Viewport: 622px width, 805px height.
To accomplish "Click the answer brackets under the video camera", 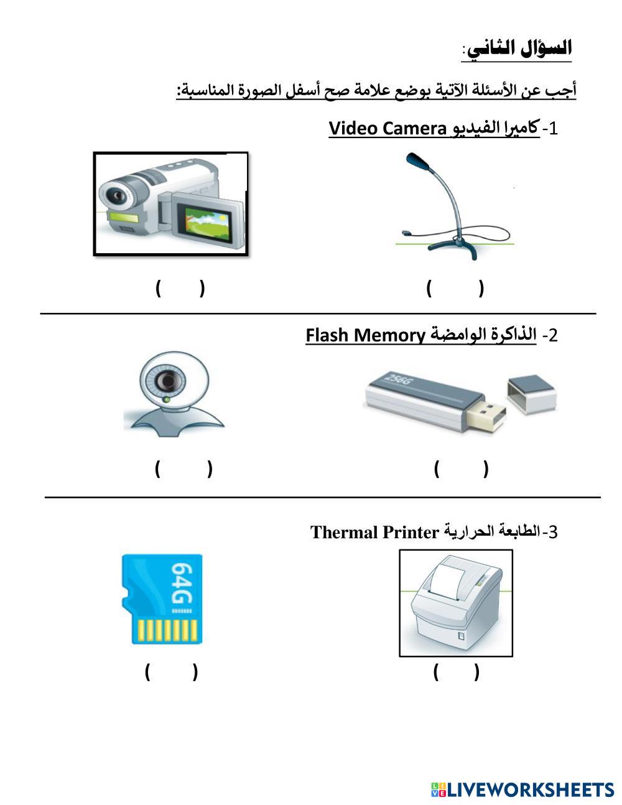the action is pyautogui.click(x=180, y=288).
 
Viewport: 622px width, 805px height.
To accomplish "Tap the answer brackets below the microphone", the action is pyautogui.click(x=455, y=288).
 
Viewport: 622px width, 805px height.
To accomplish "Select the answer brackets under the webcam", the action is pyautogui.click(x=183, y=468).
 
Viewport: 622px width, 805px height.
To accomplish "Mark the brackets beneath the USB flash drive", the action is pyautogui.click(x=461, y=468).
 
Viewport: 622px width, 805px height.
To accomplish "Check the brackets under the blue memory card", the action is pyautogui.click(x=171, y=672).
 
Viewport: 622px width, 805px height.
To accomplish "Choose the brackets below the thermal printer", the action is pyautogui.click(x=457, y=672).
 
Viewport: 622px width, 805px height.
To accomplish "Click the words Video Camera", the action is pyautogui.click(x=387, y=128).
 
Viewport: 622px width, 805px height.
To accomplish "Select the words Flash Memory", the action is pyautogui.click(x=365, y=335).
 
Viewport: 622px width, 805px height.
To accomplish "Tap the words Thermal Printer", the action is pyautogui.click(x=374, y=533).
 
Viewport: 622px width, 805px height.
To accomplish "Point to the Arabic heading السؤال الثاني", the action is pyautogui.click(x=520, y=49).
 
